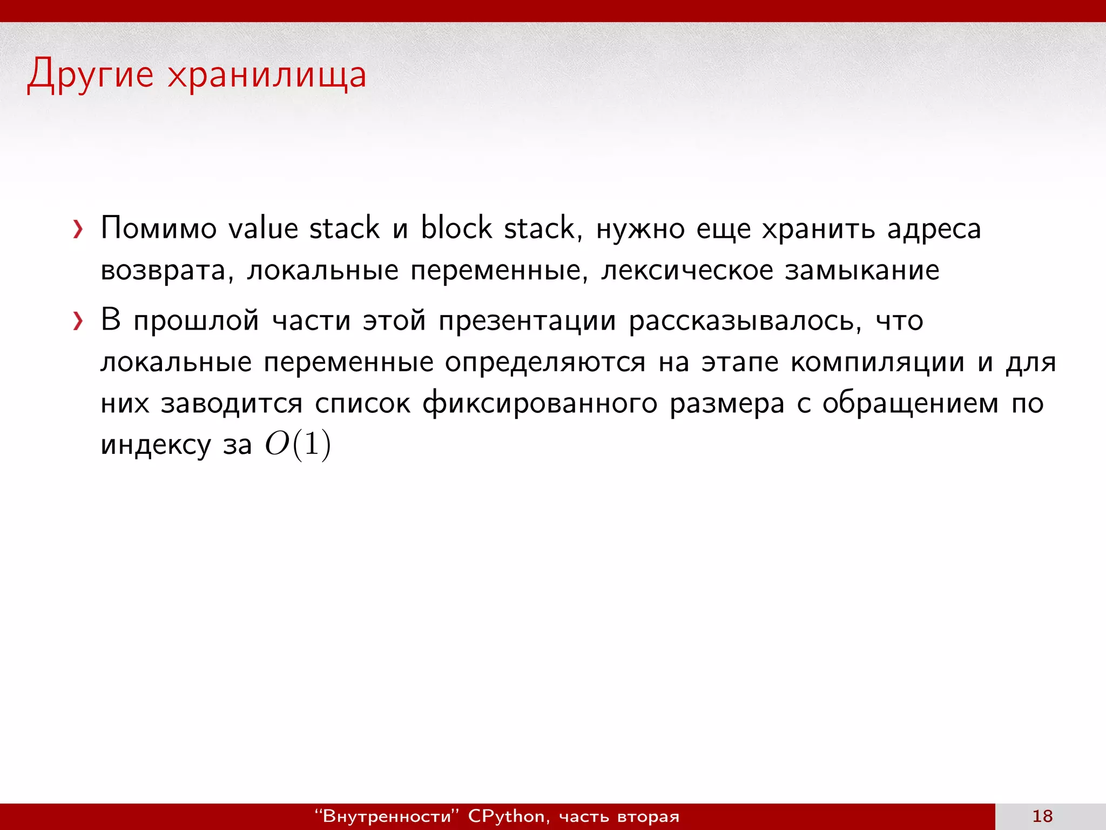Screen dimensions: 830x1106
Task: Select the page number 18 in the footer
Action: tap(1042, 816)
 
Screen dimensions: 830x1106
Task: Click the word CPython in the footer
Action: tap(507, 816)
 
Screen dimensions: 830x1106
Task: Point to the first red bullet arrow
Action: tap(78, 230)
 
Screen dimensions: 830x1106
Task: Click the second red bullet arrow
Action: tap(78, 322)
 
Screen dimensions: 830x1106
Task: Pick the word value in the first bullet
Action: tap(263, 228)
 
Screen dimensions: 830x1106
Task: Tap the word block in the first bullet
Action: tap(456, 228)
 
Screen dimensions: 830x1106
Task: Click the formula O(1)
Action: tap(298, 445)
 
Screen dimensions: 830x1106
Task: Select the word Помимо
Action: tap(158, 228)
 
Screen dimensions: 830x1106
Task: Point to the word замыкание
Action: tap(862, 270)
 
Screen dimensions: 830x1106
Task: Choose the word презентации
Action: tap(527, 321)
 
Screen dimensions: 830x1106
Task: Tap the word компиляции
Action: tap(878, 362)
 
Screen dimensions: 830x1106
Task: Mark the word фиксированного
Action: tap(539, 404)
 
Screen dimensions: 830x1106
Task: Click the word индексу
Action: tap(156, 445)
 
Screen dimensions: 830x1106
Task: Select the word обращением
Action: tap(911, 404)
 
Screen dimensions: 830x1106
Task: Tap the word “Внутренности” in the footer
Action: tap(386, 816)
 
